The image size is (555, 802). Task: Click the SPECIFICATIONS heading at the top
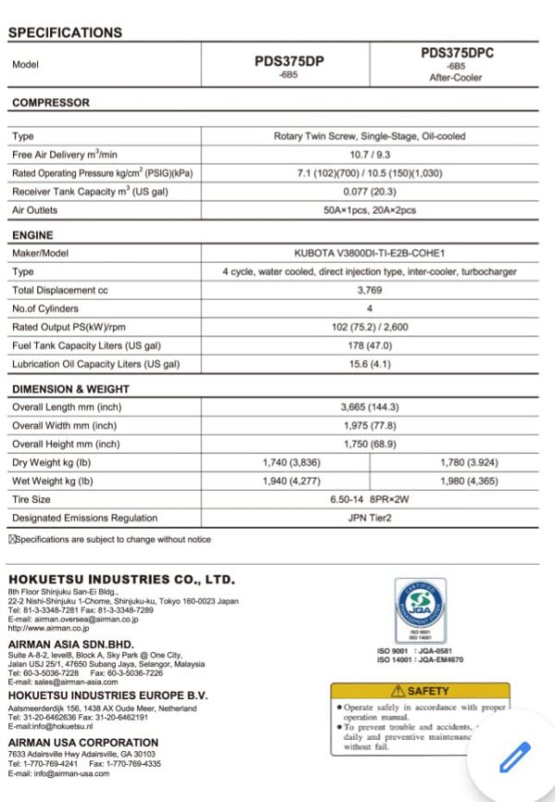tap(65, 32)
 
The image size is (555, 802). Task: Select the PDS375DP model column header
tap(289, 61)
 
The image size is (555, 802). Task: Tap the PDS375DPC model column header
tap(457, 54)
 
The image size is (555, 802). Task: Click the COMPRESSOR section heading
tap(51, 103)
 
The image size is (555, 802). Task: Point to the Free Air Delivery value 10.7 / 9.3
tap(369, 155)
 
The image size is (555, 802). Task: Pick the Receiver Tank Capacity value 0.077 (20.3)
tap(369, 192)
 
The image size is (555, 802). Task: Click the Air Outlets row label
tap(35, 210)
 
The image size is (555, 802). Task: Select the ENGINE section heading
tap(32, 235)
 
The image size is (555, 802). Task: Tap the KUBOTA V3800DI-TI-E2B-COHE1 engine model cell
tap(369, 253)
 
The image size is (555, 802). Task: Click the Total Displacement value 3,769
tap(369, 290)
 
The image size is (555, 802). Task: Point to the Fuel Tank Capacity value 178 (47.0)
tap(369, 345)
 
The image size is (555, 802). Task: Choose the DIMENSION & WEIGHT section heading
tap(70, 389)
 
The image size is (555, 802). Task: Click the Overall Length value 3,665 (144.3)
tap(369, 407)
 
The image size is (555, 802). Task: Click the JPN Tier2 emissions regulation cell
tap(369, 518)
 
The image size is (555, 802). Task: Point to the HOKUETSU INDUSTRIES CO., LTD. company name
tap(121, 579)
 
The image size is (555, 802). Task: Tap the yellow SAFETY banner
tap(420, 691)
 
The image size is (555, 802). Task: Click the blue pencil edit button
tap(514, 757)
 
